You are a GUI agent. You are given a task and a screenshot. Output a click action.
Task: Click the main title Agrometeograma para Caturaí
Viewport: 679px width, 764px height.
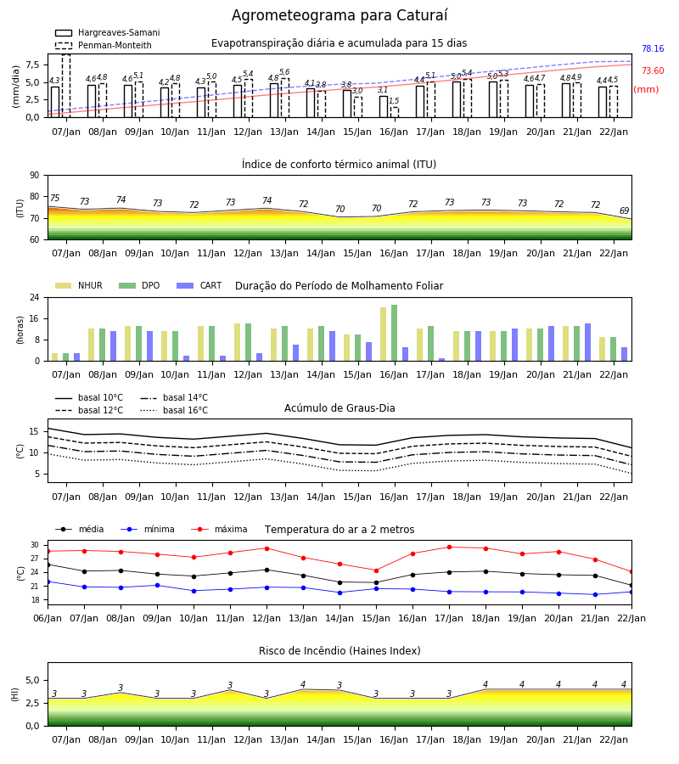(x=339, y=15)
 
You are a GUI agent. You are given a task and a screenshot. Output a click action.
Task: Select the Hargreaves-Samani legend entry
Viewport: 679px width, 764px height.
(x=107, y=32)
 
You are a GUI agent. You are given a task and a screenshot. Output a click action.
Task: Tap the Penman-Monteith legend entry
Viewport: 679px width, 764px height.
(x=104, y=45)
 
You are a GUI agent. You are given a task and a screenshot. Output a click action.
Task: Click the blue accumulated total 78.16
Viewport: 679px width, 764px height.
(x=653, y=48)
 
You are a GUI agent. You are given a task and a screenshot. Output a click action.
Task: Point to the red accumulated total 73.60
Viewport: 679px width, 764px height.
(x=653, y=70)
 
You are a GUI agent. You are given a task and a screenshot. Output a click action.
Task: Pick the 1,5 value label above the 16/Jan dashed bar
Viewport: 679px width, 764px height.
(x=394, y=101)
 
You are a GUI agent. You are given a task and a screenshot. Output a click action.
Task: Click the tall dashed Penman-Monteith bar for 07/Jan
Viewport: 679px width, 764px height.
(x=66, y=86)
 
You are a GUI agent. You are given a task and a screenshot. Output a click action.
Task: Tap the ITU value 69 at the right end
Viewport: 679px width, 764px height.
(x=624, y=211)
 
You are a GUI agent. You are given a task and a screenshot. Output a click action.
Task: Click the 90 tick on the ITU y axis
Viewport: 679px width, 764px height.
(x=35, y=176)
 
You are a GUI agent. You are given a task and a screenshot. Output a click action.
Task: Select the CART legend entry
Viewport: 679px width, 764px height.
(x=199, y=285)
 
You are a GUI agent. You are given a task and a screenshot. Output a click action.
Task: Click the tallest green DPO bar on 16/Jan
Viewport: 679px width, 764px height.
(x=394, y=333)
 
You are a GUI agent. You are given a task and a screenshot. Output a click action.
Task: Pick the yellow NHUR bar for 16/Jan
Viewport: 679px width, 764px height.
(x=384, y=334)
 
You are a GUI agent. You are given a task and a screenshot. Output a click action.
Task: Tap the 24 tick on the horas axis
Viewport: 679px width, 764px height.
(x=35, y=297)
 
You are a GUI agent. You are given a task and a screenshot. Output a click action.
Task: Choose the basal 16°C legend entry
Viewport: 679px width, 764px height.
(x=174, y=410)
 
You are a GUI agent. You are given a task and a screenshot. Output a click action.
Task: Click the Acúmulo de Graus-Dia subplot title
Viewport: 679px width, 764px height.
(x=339, y=408)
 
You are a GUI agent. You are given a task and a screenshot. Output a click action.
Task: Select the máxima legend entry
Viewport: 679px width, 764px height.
(x=219, y=529)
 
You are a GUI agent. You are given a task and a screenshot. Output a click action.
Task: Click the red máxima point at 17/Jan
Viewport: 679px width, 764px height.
(x=449, y=548)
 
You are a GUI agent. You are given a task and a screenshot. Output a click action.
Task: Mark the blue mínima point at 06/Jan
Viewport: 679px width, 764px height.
(x=48, y=581)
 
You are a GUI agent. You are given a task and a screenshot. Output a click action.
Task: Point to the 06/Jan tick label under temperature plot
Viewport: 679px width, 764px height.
(x=48, y=618)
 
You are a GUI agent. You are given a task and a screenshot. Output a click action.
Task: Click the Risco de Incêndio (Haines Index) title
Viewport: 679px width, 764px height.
(x=339, y=651)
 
